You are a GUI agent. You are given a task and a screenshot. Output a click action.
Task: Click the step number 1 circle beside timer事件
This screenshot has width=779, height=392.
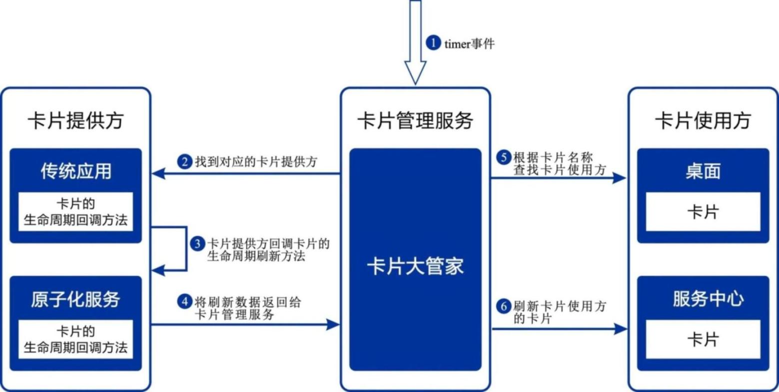tap(433, 43)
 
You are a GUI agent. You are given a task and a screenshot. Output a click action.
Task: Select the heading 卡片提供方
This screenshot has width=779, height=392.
tap(75, 121)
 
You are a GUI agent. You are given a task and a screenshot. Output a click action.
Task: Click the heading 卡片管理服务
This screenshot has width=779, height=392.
tap(415, 121)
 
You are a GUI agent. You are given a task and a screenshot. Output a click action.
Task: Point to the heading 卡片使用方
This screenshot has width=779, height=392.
tap(703, 121)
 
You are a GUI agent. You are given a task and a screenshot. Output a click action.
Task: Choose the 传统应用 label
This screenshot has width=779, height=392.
tap(76, 171)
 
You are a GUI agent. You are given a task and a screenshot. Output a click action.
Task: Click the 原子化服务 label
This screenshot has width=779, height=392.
tap(76, 299)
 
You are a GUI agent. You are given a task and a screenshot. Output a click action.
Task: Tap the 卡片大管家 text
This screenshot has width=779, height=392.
tap(415, 267)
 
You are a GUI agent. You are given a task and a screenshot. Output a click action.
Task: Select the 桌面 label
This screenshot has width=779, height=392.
tap(703, 171)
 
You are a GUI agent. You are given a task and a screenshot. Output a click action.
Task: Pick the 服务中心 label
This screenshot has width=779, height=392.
tap(708, 299)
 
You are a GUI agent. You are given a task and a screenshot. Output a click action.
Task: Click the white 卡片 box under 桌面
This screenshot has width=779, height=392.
tap(703, 212)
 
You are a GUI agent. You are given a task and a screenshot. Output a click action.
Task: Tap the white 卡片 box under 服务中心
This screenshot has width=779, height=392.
tap(703, 340)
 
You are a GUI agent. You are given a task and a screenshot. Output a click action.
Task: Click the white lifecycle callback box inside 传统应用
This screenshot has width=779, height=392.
tap(76, 212)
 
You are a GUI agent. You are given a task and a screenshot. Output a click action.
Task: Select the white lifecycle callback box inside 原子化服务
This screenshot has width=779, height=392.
tap(76, 339)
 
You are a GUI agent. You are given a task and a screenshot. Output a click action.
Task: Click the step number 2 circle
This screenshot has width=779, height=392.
tap(185, 162)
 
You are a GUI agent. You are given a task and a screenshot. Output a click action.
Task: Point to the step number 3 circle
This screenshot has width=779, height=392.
tap(198, 244)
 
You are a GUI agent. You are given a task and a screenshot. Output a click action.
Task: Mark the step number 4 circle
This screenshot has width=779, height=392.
tap(185, 302)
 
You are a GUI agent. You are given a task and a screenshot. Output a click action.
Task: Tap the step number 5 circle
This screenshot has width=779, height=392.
tap(504, 157)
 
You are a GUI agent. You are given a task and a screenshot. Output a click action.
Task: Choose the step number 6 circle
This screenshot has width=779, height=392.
tap(504, 306)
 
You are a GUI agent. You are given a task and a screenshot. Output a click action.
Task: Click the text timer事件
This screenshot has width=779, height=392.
tap(469, 44)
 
